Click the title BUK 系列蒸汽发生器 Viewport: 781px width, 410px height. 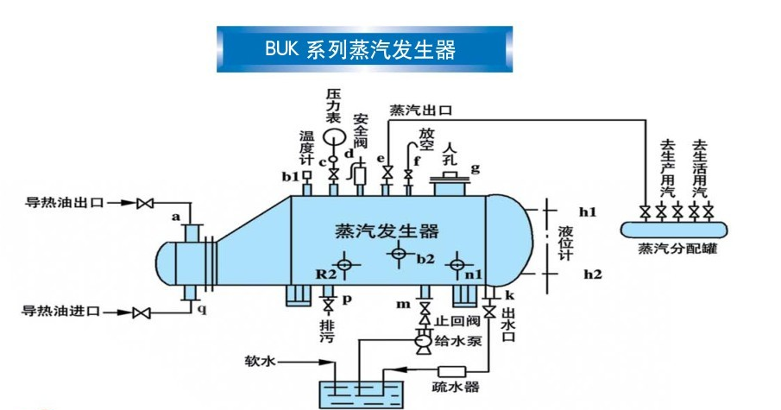coord(363,49)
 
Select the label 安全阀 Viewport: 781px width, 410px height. coord(361,130)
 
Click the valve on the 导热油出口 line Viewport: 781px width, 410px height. coord(147,204)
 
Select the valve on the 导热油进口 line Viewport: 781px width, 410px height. coord(147,312)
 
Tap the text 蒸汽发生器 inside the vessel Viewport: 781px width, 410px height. coord(386,231)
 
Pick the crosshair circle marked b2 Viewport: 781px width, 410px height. coord(398,253)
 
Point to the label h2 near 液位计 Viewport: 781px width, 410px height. coord(591,274)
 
